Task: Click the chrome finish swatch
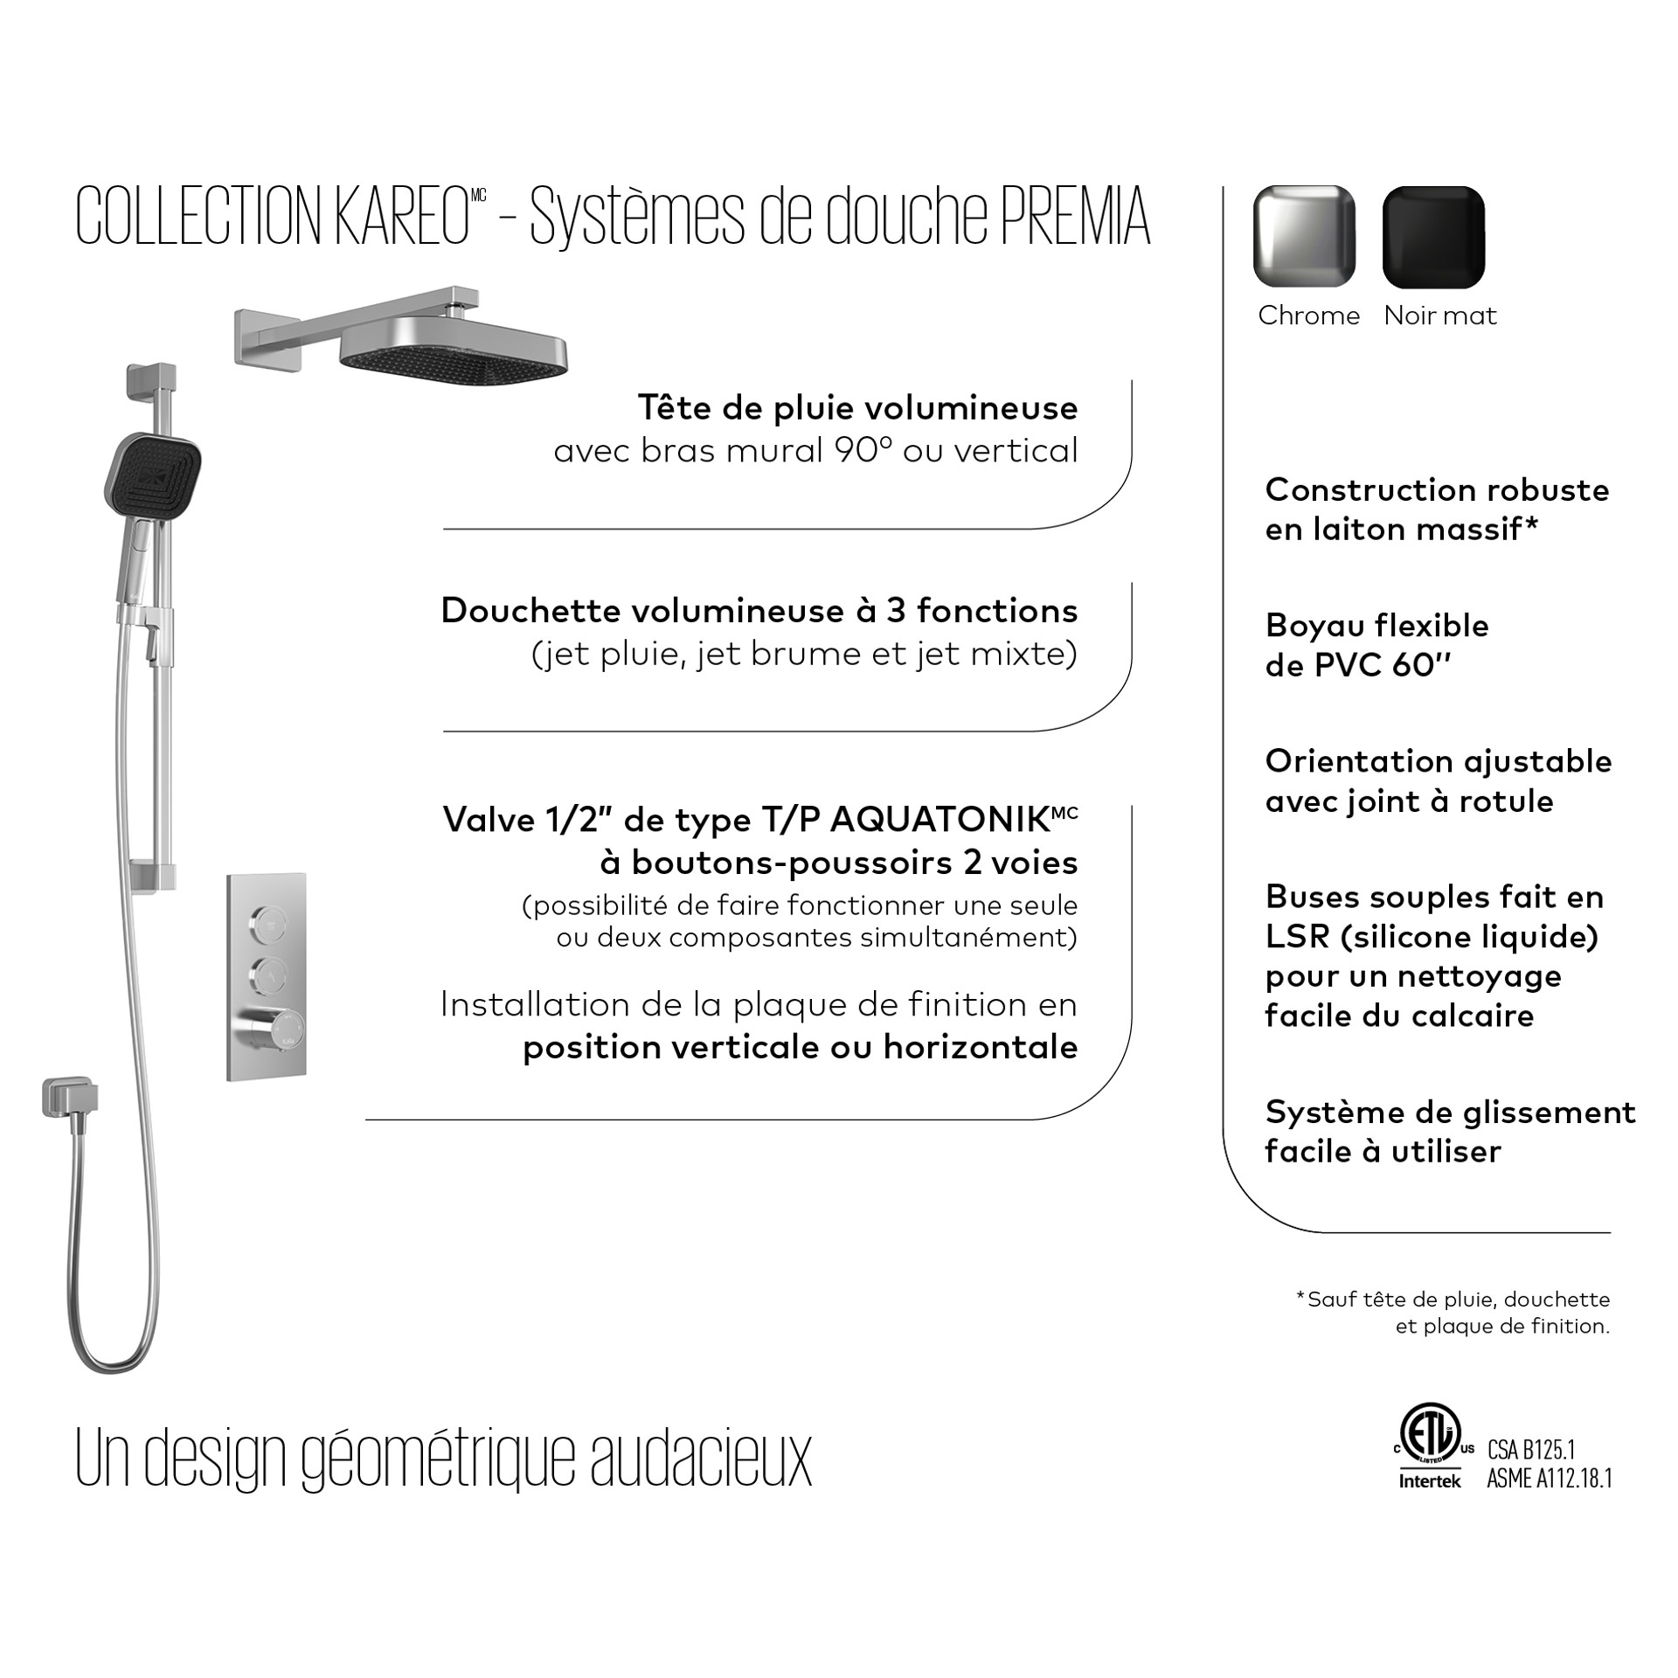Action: pos(1304,236)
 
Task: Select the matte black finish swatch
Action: pos(1433,236)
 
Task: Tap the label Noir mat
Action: pos(1439,315)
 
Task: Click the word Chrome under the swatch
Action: pos(1308,315)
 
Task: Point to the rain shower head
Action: pos(453,350)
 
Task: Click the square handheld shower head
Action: pos(156,477)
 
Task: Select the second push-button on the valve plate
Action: pos(267,973)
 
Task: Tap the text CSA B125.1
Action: pos(1531,1450)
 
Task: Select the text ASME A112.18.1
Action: pos(1550,1479)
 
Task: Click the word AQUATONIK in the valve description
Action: pos(939,820)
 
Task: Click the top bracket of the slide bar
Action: pos(152,385)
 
